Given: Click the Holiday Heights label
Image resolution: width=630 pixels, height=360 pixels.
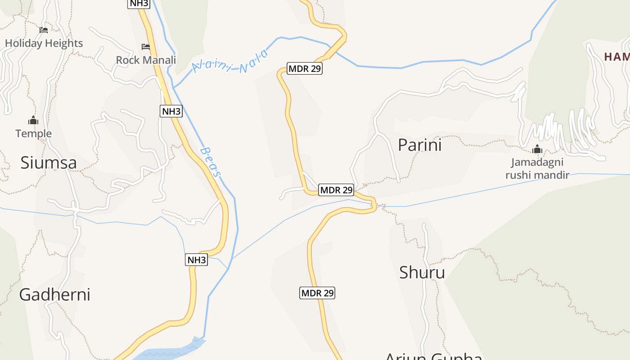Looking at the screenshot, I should tap(44, 43).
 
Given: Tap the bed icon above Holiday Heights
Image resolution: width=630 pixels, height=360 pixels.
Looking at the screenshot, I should tap(44, 30).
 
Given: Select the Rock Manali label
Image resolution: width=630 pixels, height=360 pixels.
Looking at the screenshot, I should tap(146, 60).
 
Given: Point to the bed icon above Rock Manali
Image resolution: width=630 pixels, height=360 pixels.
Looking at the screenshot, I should tap(145, 46).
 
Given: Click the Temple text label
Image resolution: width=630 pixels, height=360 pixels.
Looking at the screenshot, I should tap(34, 134).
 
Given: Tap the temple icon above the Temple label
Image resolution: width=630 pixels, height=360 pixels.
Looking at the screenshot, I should tap(33, 120).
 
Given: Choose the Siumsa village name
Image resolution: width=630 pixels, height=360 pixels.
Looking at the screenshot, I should tap(49, 163).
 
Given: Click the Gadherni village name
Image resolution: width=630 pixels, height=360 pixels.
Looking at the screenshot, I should tap(54, 294).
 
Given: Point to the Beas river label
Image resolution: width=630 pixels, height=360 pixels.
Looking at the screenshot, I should tap(211, 162).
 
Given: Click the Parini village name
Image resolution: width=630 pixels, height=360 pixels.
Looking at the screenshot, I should tap(420, 145).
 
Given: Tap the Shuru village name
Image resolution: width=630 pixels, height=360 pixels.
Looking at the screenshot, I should tap(422, 272).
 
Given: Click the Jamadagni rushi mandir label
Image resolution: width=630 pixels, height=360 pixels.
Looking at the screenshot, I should tap(537, 169).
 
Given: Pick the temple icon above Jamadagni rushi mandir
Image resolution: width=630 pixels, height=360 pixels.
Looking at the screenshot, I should tap(537, 149).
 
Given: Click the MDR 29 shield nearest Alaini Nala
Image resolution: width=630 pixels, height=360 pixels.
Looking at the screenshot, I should tap(305, 68).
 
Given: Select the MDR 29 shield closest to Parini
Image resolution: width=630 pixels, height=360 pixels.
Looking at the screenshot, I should tap(336, 190).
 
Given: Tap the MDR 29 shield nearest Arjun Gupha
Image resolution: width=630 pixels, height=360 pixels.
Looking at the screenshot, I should tap(317, 293).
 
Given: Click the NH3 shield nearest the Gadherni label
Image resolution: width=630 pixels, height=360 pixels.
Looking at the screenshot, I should tap(197, 260).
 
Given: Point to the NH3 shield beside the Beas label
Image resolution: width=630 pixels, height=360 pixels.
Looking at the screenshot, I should tap(171, 111).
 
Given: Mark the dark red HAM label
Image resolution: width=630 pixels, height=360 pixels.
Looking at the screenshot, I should tap(616, 57).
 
